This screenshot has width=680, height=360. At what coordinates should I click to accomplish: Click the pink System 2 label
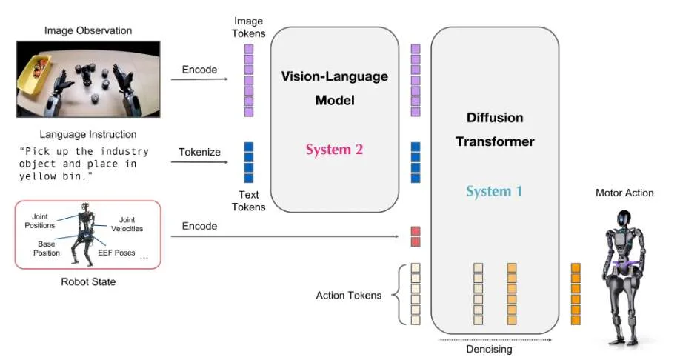tap(334, 150)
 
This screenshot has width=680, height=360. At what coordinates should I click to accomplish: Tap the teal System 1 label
tap(494, 191)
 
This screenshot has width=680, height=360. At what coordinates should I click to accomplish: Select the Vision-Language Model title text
tap(335, 88)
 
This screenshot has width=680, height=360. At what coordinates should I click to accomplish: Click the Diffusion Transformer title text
tap(495, 129)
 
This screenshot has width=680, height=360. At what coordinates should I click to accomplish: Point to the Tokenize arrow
tap(199, 162)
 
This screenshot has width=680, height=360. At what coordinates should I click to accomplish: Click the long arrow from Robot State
tap(285, 236)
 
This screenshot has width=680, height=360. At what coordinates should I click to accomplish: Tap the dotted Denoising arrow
tap(495, 340)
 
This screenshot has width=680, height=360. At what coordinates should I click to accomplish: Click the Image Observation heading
tap(88, 30)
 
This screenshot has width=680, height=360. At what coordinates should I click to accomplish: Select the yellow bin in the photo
tap(34, 71)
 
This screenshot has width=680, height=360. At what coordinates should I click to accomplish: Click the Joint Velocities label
tap(127, 224)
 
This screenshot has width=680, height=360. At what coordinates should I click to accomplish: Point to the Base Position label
tap(47, 249)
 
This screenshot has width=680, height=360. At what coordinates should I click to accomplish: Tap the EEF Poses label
tap(116, 253)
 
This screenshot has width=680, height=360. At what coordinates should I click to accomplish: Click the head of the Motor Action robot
tap(624, 219)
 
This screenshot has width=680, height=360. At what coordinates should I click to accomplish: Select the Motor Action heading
tap(624, 193)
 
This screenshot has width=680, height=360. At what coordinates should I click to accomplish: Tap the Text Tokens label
tap(248, 201)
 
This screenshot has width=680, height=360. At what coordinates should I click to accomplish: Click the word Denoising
tap(489, 349)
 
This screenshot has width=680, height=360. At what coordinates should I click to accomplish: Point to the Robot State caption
tap(88, 282)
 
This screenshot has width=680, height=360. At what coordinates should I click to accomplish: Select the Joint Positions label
tap(39, 221)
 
